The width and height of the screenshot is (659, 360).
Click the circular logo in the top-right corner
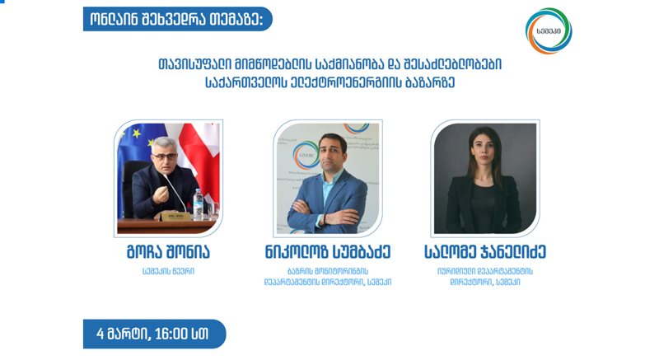[548, 31]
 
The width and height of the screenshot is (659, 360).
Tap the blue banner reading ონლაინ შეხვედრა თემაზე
[176, 19]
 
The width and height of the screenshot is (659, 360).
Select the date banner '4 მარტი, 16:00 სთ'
[153, 334]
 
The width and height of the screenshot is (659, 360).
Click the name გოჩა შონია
[168, 252]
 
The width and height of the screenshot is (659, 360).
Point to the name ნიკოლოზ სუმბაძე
[328, 252]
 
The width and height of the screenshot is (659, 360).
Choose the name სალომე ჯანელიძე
[485, 252]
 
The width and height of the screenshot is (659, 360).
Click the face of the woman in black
[485, 148]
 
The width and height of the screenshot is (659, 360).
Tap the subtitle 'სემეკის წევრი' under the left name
[168, 271]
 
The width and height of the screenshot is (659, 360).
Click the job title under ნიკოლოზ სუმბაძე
[328, 276]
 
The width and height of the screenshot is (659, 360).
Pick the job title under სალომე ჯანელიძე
[485, 276]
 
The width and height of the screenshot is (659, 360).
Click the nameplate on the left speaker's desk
[174, 217]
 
